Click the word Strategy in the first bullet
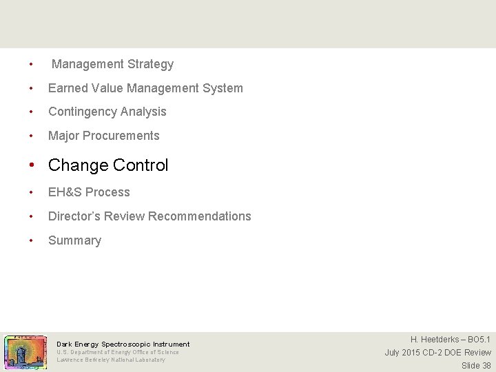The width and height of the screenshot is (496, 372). (151, 64)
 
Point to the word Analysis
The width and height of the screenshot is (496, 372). (144, 112)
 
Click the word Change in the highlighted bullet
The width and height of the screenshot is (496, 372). (79, 165)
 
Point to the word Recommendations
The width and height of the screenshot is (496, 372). (199, 216)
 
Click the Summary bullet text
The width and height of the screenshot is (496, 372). (74, 240)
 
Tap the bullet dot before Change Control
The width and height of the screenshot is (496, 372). (32, 166)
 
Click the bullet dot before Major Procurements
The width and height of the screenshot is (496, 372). (32, 136)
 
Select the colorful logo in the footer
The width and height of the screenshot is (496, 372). (25, 353)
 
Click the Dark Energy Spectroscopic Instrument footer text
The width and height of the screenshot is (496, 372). (123, 344)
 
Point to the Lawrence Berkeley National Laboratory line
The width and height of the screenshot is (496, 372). (111, 360)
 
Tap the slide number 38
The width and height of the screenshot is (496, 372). (486, 366)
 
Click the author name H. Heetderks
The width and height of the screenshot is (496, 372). (434, 340)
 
